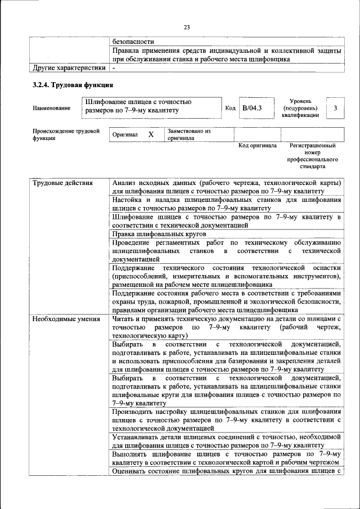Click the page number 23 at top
187,26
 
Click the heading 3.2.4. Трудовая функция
73,85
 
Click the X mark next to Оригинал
151,135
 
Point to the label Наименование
52,107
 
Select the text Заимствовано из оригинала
188,134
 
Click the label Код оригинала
257,146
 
